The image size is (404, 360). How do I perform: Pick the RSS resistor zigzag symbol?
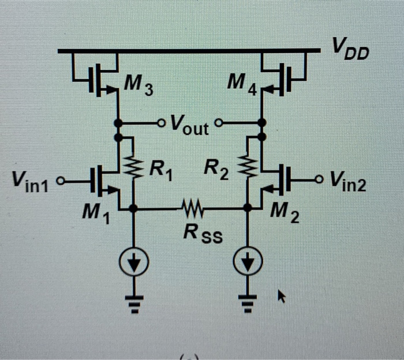pyautogui.click(x=192, y=207)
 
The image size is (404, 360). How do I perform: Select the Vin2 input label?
pyautogui.click(x=348, y=181)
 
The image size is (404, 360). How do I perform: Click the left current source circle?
pyautogui.click(x=133, y=264)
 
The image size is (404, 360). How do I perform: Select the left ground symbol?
pyautogui.click(x=133, y=303)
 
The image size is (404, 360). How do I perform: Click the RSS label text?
pyautogui.click(x=201, y=233)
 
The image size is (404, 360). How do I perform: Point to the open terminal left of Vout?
pyautogui.click(x=162, y=123)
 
